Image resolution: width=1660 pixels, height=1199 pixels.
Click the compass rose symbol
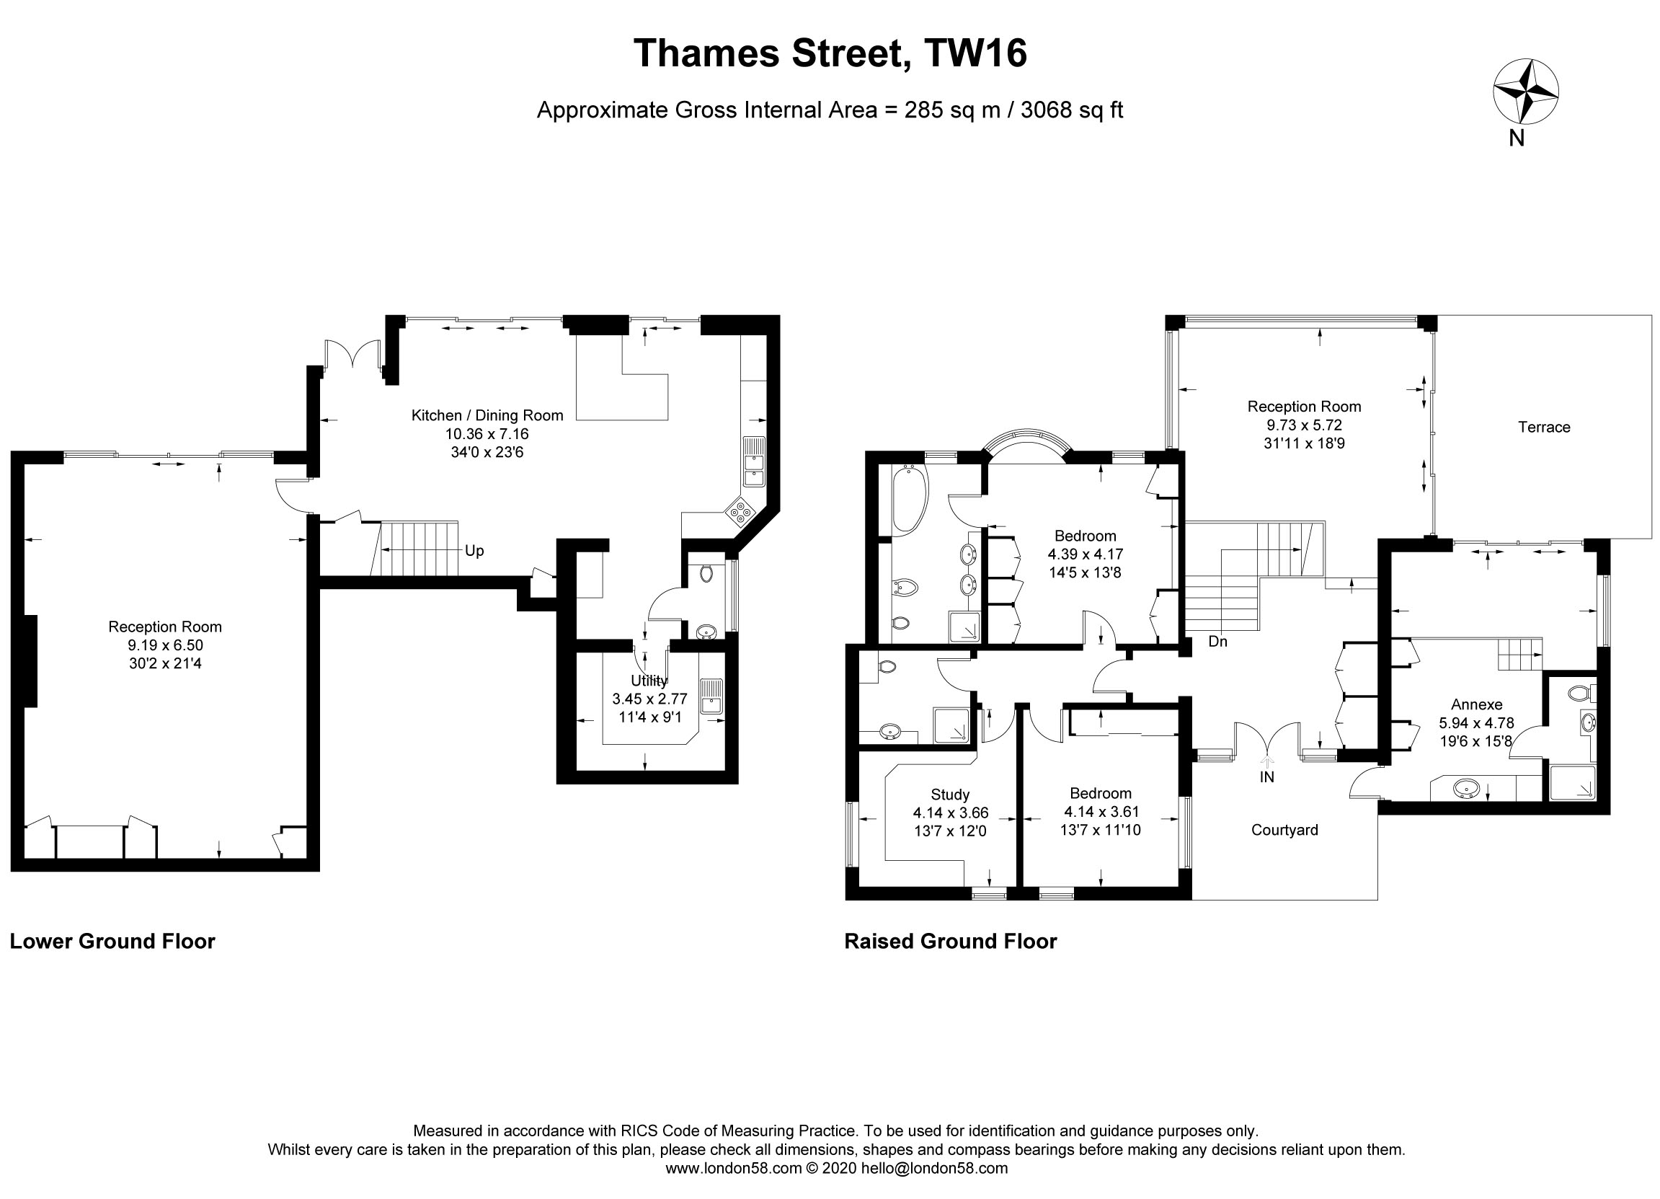[1525, 92]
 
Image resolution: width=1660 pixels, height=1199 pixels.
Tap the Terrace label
[1544, 428]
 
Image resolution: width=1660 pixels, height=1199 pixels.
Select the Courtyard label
[1284, 830]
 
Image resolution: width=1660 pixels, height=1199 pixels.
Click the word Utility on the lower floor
[649, 681]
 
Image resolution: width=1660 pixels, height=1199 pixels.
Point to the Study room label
[950, 795]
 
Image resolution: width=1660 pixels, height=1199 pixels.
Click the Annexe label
[1476, 705]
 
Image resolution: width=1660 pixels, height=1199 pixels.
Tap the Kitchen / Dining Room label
[487, 416]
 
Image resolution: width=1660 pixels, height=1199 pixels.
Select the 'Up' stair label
[474, 551]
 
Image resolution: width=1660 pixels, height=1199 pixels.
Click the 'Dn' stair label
[1218, 642]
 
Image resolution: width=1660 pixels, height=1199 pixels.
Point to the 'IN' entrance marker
[1267, 777]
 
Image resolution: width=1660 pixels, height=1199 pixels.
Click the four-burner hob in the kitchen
[740, 511]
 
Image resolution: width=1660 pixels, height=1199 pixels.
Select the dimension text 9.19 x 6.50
[164, 645]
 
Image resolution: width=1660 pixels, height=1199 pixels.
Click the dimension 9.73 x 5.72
[1305, 425]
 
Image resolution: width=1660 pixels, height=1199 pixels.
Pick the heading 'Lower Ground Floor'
[112, 942]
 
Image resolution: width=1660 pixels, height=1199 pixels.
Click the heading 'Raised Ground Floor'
[950, 942]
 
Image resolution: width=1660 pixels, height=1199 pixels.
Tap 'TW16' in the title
[975, 53]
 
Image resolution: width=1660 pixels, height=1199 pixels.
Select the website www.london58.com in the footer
[733, 1168]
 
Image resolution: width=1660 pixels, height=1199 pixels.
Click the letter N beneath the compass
[1517, 138]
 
